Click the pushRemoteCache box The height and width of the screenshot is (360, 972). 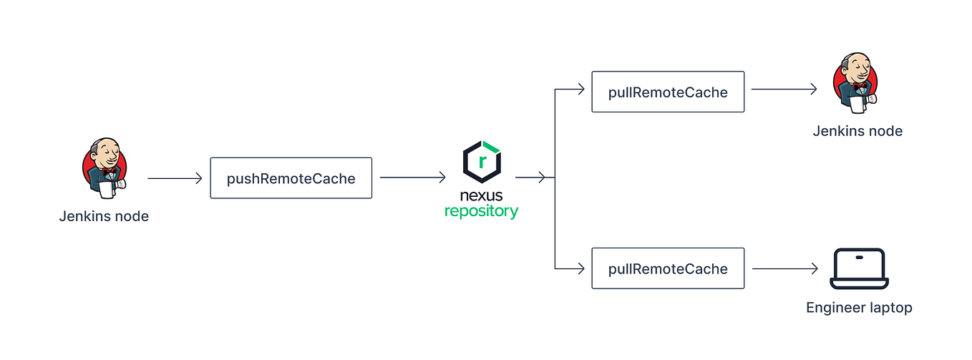pos(291,178)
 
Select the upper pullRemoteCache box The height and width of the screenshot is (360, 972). pos(667,92)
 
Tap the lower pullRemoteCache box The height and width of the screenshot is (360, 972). pos(667,268)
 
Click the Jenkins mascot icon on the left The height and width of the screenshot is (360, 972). pos(105,168)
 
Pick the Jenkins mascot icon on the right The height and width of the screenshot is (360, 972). pos(856,82)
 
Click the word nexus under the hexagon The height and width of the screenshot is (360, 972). pos(481,195)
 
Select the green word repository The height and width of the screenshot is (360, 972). pos(481,212)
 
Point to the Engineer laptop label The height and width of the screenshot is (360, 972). pos(859,308)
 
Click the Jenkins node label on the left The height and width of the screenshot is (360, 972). pos(104,216)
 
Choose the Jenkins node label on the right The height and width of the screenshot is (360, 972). pos(857,131)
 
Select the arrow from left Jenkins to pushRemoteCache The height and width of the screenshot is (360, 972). pos(175,178)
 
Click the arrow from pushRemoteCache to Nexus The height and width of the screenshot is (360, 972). pos(412,178)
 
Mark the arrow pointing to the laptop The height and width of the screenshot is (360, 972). pos(784,268)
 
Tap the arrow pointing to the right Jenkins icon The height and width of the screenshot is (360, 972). pos(784,89)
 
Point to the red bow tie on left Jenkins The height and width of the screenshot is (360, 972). pos(109,172)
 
